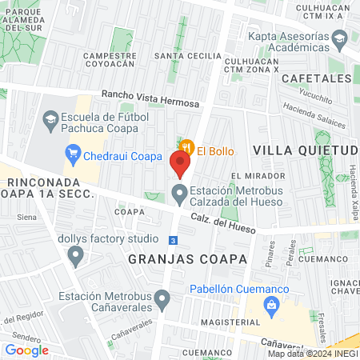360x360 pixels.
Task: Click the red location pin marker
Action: (180, 163)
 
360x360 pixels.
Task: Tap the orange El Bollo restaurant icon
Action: (186, 146)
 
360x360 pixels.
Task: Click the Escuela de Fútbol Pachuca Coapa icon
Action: (50, 119)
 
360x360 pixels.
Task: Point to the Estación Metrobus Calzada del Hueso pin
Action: (180, 192)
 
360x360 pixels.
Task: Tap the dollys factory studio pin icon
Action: (76, 257)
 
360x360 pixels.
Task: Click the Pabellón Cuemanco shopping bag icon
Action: (272, 305)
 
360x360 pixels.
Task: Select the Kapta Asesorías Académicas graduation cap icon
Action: (339, 38)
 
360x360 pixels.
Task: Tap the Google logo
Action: (26, 350)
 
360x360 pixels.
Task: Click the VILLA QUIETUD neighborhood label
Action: (304, 150)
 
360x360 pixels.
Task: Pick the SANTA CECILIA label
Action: (187, 56)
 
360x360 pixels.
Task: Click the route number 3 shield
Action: (173, 240)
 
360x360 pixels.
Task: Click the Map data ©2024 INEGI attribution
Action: (313, 354)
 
